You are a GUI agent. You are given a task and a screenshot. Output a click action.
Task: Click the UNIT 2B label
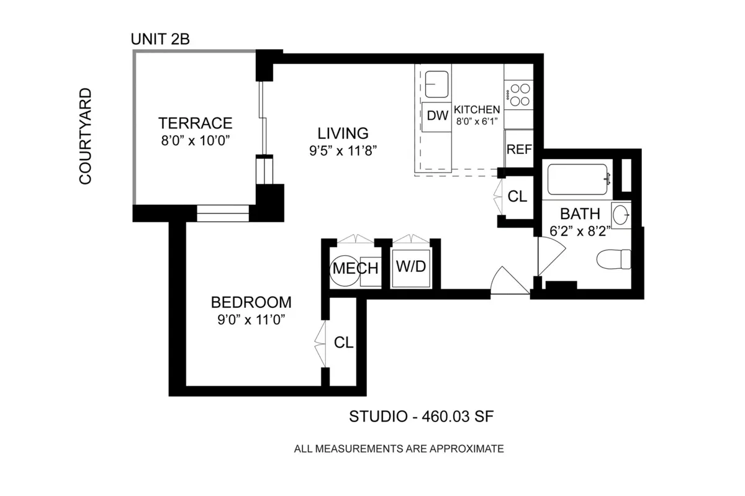[x=160, y=39]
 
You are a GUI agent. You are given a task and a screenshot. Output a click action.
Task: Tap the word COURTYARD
[x=85, y=136]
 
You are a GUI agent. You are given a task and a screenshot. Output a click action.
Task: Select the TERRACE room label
[x=195, y=122]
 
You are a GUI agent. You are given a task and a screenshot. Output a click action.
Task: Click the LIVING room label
[x=343, y=133]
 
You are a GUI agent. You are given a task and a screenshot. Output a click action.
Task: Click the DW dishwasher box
[x=437, y=116]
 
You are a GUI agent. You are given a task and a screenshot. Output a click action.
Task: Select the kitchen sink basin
[x=438, y=84]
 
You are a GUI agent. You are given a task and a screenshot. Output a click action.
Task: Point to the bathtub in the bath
[x=577, y=179]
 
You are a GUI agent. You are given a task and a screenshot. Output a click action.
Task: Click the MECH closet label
[x=355, y=269]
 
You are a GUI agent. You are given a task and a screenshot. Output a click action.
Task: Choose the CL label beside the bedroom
[x=343, y=342]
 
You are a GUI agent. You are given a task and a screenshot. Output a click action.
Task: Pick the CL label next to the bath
[x=517, y=197]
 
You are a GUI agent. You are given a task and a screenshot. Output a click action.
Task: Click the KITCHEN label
[x=477, y=109]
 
